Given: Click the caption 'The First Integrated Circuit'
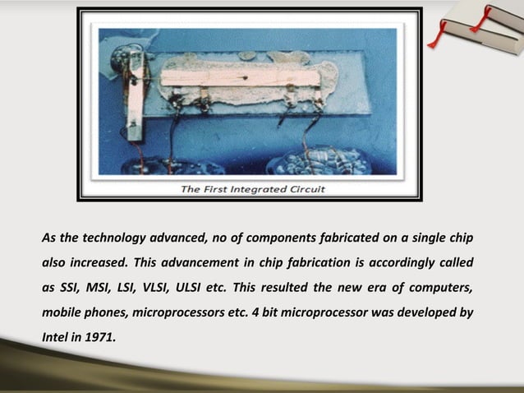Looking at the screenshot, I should point(253,189).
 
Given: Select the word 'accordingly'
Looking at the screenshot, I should point(398,263).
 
